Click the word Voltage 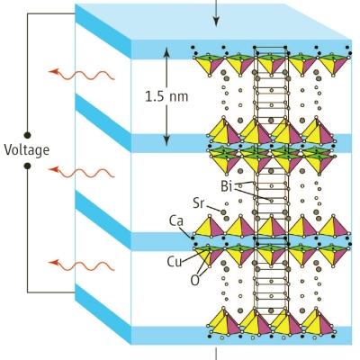click(x=26, y=149)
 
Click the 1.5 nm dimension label click(x=166, y=96)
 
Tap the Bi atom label click(x=227, y=186)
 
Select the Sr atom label click(x=199, y=203)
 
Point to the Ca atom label click(x=176, y=221)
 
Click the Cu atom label click(x=175, y=261)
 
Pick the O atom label click(x=194, y=281)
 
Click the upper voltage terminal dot click(x=27, y=135)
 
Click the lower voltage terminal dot click(x=27, y=166)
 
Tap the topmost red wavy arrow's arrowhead click(x=53, y=72)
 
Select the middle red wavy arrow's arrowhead click(x=53, y=169)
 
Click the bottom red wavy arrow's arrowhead click(x=53, y=263)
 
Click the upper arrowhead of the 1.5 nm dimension click(x=166, y=53)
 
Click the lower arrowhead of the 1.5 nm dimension click(x=166, y=140)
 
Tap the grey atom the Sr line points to click(x=223, y=212)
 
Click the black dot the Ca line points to click(x=193, y=238)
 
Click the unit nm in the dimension click(x=178, y=98)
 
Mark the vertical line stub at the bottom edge click(x=216, y=354)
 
